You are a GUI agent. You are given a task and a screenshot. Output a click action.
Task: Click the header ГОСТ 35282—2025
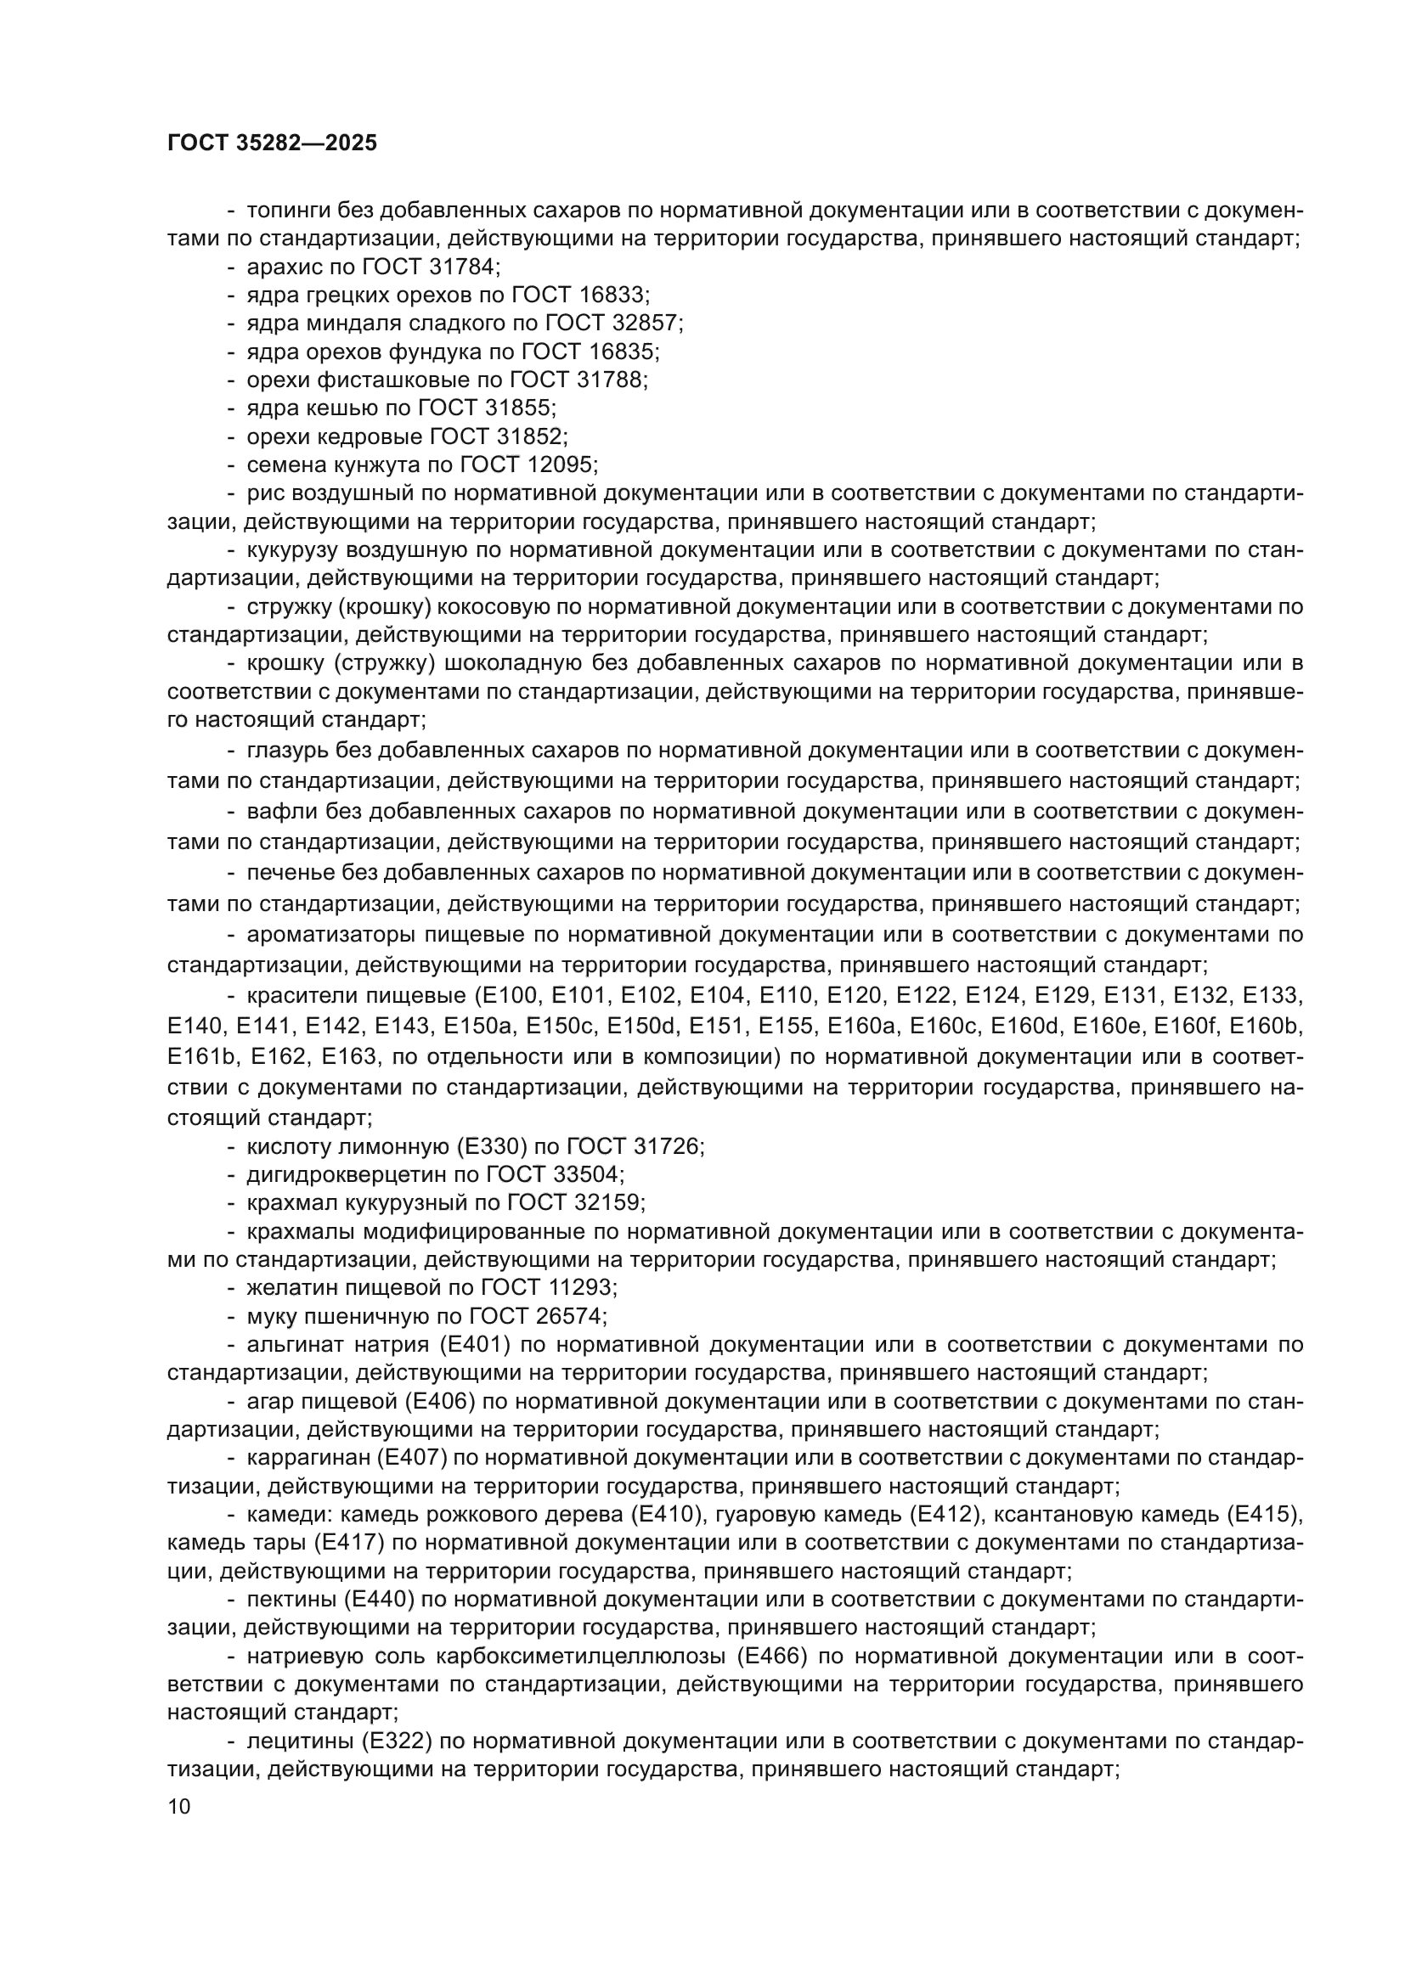[273, 143]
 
